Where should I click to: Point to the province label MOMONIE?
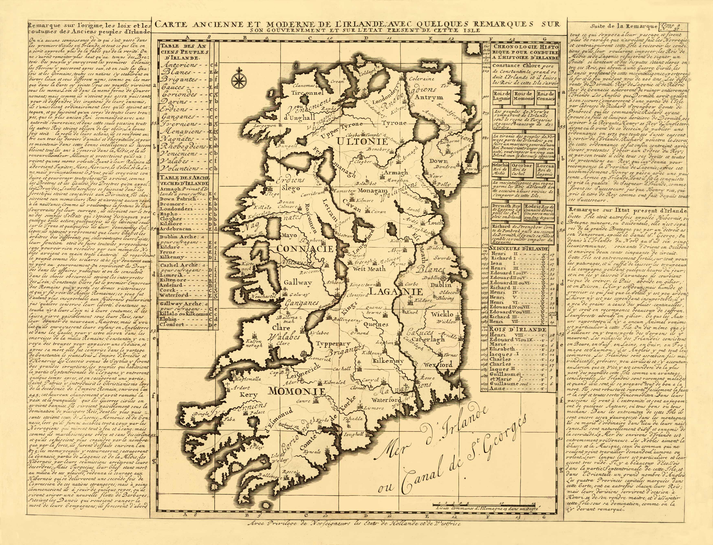(297, 392)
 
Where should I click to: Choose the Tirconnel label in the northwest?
(306, 93)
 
